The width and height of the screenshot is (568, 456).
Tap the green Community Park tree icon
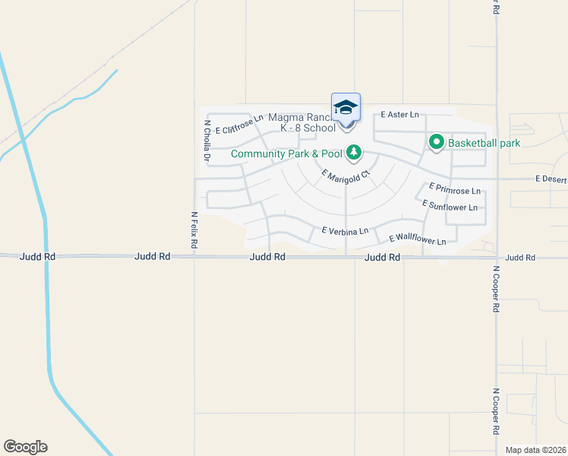353,153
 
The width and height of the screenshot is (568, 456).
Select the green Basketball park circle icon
437,141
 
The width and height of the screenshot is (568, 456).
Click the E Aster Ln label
400,115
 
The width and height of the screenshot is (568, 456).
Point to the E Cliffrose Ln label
239,124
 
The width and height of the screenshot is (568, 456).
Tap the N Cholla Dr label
206,140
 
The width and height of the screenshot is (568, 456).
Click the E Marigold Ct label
346,174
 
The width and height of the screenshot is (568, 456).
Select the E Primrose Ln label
454,188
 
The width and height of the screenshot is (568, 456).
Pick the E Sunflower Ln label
450,206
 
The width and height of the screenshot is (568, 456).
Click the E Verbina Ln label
345,230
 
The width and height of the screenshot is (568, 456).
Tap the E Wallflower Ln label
418,239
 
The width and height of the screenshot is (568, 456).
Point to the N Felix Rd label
194,231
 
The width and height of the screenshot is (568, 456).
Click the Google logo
25,447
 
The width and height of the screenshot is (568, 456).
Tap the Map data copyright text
535,450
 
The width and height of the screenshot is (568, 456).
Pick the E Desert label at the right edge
551,179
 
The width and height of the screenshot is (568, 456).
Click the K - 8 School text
308,128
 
